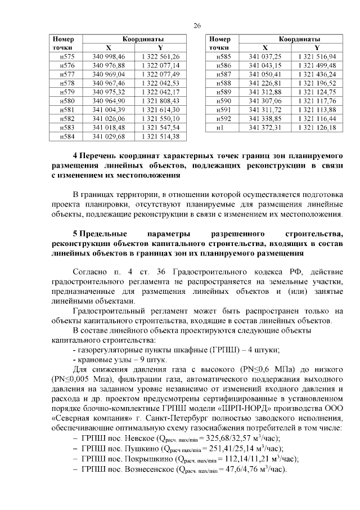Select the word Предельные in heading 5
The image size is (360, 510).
coord(103,233)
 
